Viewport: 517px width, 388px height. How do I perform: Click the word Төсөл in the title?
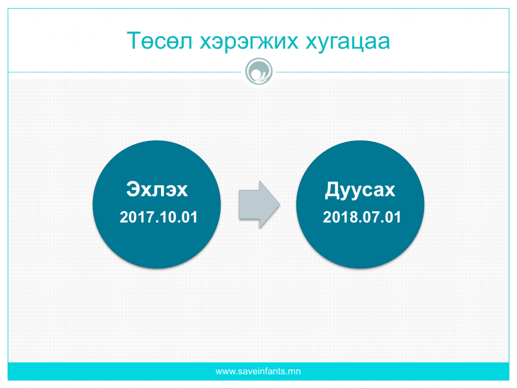[x=160, y=41]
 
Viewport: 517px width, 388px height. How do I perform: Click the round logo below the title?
[x=259, y=71]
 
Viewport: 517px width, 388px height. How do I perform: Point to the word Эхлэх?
[x=157, y=189]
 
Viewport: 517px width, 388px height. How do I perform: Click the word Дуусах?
[x=360, y=190]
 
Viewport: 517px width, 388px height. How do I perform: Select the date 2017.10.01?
[x=159, y=217]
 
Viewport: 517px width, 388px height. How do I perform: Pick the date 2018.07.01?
[x=361, y=217]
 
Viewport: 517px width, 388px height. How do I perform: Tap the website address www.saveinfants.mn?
[x=258, y=371]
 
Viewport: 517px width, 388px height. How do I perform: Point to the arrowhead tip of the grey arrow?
[x=280, y=204]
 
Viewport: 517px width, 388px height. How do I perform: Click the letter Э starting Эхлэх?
[x=133, y=189]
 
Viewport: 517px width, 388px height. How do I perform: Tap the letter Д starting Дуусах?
[x=332, y=190]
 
